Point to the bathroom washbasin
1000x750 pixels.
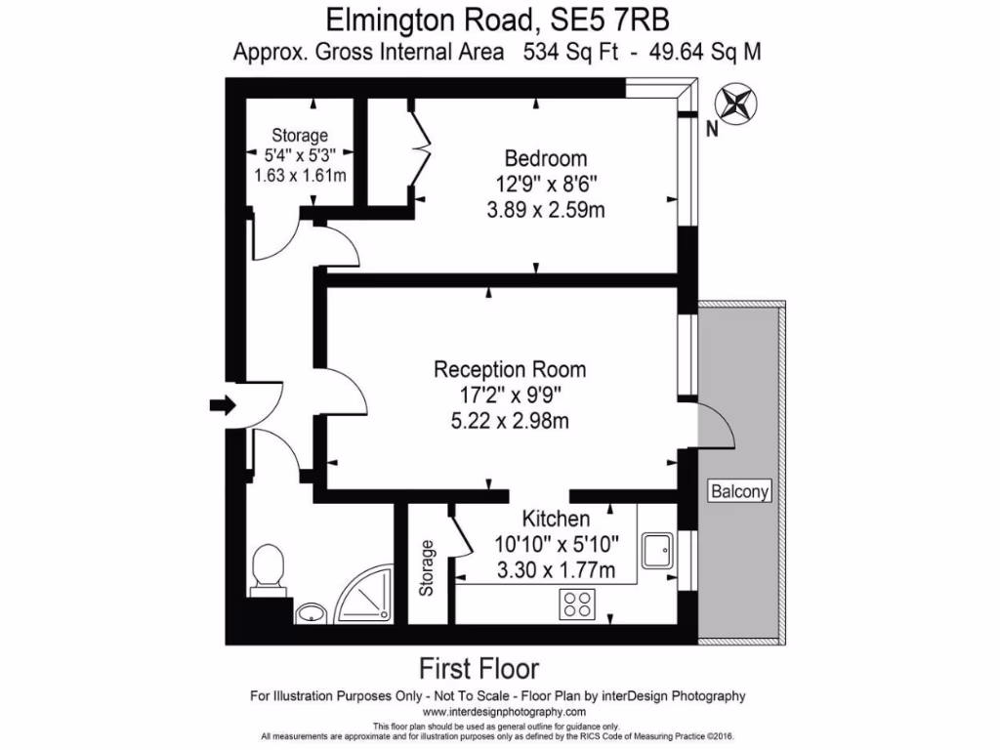312,613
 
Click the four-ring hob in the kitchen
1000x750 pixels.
579,604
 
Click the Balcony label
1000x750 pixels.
739,491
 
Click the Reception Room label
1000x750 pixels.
510,370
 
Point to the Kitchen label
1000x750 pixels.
555,519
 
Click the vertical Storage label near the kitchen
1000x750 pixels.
426,569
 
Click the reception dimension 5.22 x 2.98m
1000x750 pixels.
510,422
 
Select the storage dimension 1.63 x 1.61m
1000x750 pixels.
300,176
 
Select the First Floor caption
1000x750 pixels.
479,669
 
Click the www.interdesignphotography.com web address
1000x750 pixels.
498,713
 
